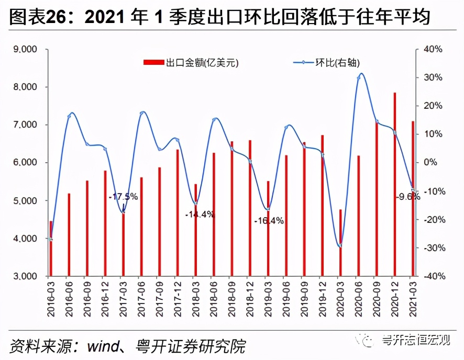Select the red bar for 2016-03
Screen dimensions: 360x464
click(51, 249)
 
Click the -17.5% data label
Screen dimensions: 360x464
click(123, 197)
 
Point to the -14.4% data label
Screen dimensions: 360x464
click(200, 214)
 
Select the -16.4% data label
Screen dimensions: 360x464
click(269, 221)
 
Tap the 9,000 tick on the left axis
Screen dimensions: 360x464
click(25, 49)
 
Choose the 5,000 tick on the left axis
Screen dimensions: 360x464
click(25, 201)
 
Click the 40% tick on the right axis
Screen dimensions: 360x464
click(433, 49)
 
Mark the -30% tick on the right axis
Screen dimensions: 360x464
click(432, 248)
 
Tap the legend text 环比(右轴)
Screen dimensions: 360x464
click(337, 63)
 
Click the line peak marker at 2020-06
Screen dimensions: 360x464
click(359, 77)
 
